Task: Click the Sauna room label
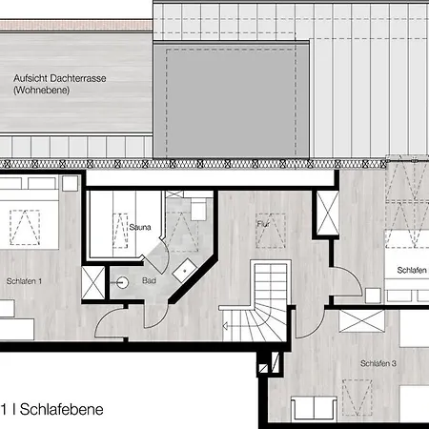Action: [140, 227]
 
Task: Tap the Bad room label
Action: [149, 280]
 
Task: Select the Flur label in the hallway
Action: [263, 224]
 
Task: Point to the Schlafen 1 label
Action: [24, 281]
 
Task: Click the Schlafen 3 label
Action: [378, 363]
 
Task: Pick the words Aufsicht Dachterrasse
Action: [60, 78]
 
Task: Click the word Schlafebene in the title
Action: [62, 409]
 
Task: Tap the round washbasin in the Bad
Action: [122, 282]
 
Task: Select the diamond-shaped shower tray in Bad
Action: [185, 271]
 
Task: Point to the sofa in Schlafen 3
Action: [315, 408]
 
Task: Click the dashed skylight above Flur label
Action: [271, 231]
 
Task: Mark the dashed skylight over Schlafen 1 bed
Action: [25, 228]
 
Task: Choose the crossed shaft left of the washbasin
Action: [93, 283]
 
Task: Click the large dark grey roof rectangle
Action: [231, 100]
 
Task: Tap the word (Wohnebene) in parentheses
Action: [41, 91]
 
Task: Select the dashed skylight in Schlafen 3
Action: [357, 398]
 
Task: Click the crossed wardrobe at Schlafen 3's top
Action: [361, 321]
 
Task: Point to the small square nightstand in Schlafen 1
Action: [70, 183]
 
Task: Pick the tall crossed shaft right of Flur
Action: [328, 213]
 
